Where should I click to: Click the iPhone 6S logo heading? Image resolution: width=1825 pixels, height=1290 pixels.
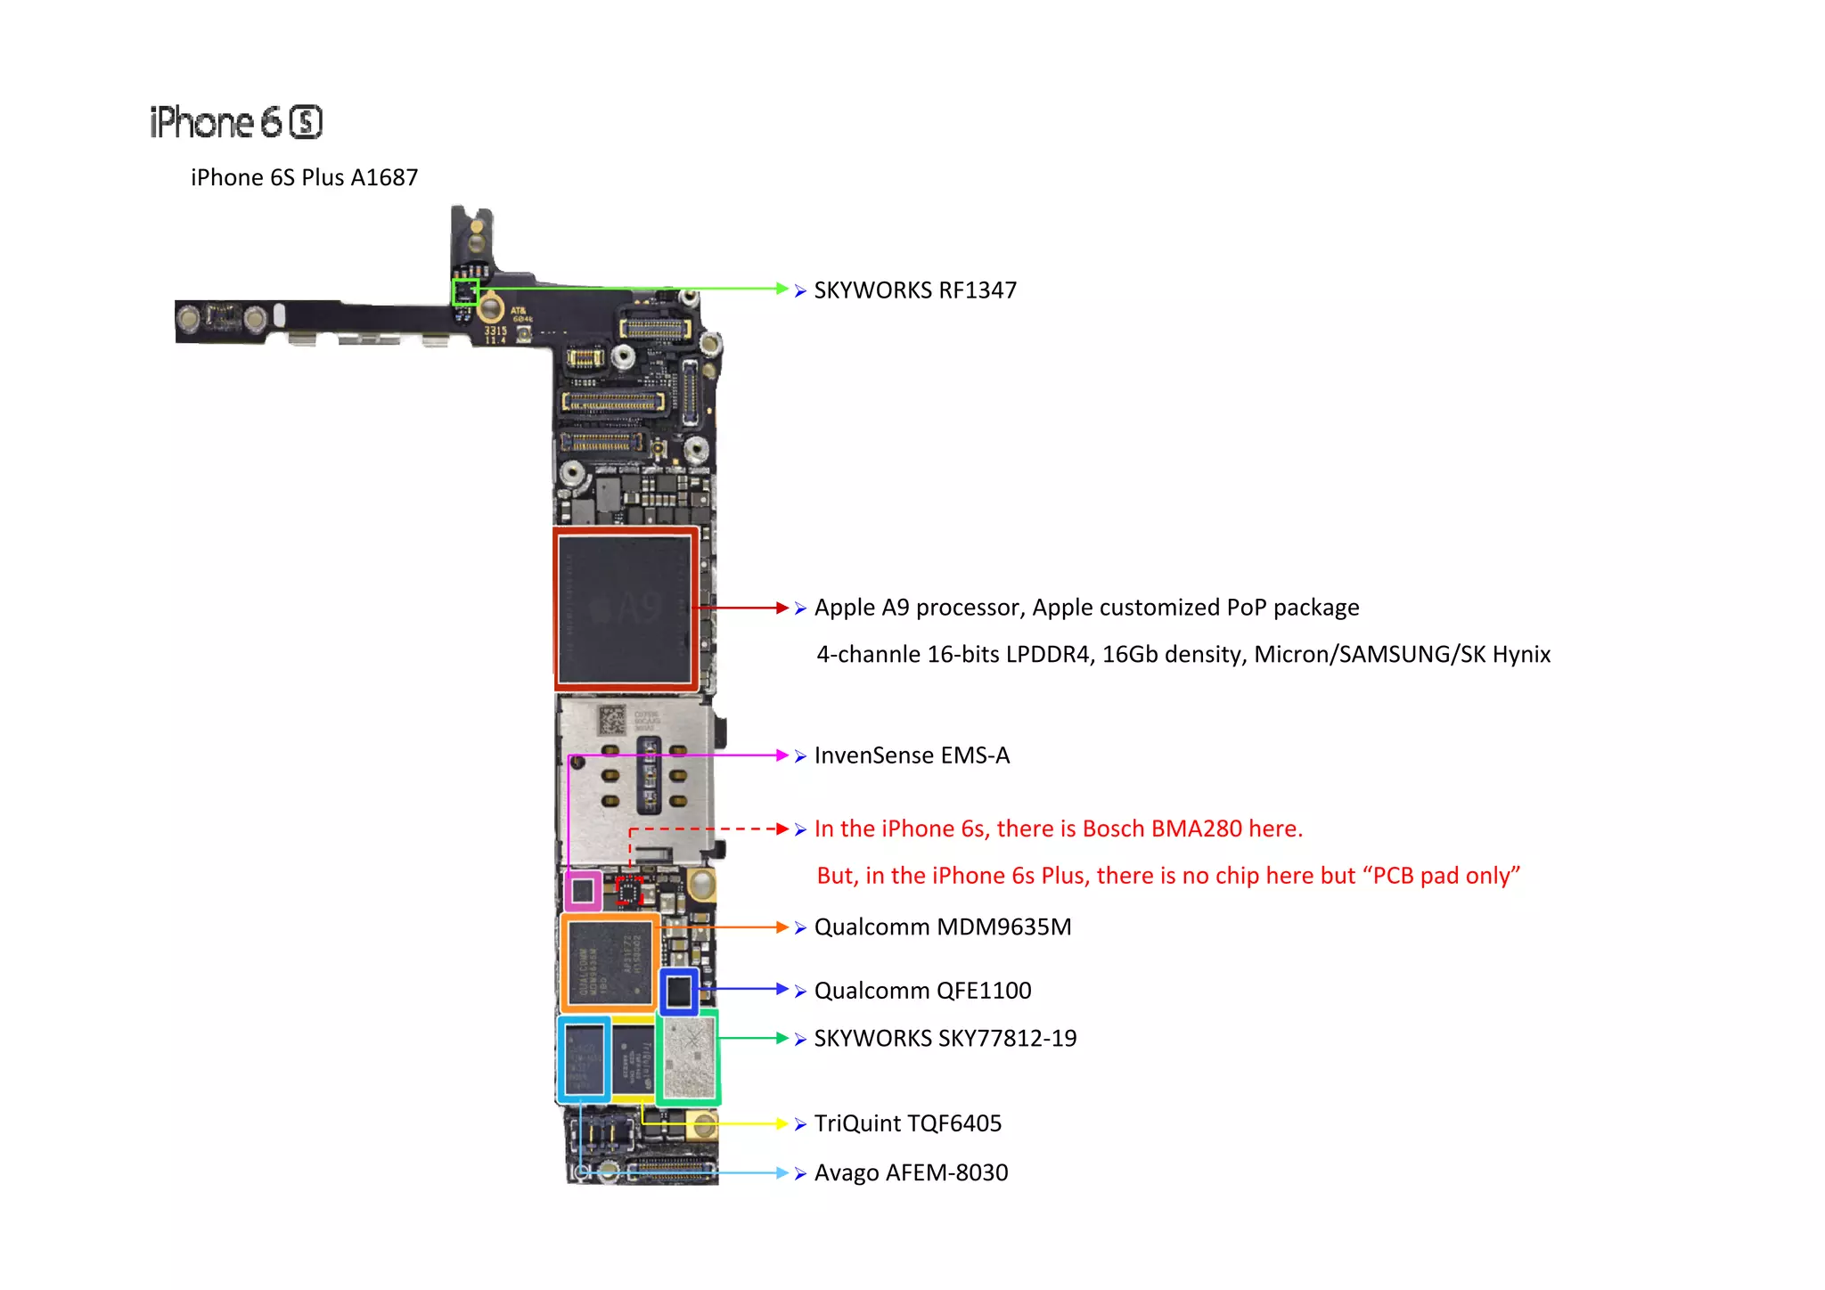236,122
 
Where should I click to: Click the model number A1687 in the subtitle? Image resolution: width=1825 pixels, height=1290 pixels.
383,177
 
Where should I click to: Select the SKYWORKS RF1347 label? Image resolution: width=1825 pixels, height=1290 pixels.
914,290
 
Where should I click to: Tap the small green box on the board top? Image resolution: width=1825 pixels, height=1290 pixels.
465,292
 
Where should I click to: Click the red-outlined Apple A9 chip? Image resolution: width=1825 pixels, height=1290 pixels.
626,608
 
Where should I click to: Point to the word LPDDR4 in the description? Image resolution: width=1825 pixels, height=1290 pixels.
1048,655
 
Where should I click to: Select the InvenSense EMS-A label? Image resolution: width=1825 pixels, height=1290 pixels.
912,755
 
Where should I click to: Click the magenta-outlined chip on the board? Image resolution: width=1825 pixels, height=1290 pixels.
584,890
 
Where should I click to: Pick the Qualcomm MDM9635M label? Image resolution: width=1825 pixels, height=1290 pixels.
942,927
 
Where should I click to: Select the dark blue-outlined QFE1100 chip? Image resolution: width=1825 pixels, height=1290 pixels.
679,991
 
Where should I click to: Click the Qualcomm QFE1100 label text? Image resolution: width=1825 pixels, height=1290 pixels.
922,991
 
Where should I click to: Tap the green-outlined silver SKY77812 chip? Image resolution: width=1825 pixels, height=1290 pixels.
689,1057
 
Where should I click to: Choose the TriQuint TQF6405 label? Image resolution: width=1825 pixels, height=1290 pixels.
907,1123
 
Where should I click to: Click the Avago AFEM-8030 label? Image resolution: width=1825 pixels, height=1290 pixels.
911,1173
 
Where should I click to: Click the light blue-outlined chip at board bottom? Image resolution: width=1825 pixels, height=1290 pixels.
585,1059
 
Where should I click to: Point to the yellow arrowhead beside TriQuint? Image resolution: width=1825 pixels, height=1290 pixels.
782,1124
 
